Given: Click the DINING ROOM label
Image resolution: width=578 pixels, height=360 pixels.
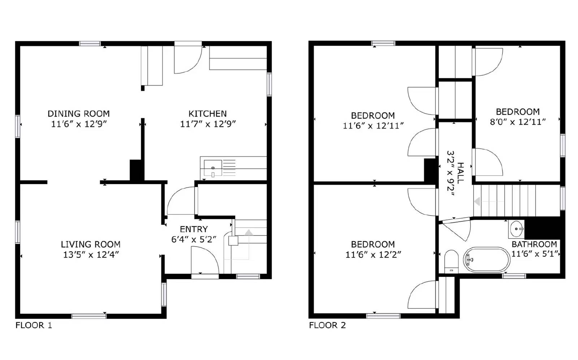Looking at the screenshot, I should click(78, 114).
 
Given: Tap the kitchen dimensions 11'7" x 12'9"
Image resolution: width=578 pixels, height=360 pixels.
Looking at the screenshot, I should click(208, 124).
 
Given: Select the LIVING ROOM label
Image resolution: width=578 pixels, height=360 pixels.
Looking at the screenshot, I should click(90, 244).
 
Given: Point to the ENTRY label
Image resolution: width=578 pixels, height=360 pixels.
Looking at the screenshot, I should click(194, 229).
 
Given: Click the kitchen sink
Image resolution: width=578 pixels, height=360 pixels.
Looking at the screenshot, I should click(213, 168).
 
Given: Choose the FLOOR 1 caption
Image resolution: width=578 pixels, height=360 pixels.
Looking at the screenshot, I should click(34, 325).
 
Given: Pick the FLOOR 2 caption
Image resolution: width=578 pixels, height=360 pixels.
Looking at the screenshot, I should click(327, 325).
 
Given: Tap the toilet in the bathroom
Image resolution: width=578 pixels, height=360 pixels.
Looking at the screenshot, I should click(451, 261).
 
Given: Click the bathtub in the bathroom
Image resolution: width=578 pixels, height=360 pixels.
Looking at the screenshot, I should click(487, 259).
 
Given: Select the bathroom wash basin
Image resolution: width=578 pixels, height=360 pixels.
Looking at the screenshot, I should click(516, 229).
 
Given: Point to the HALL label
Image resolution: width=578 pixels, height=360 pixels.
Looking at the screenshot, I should click(461, 173).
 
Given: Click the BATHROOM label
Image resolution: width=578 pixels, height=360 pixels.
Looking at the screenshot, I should click(534, 244).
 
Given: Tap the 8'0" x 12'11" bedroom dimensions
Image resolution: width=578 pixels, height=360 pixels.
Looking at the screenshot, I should click(517, 122).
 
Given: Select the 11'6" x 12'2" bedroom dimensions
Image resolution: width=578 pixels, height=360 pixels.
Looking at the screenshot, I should click(373, 255).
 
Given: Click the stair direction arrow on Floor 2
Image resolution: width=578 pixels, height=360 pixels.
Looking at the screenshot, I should click(478, 201).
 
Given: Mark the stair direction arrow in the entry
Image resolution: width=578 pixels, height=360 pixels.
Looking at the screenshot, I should click(249, 233).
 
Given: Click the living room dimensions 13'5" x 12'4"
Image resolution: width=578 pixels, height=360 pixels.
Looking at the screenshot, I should click(91, 255).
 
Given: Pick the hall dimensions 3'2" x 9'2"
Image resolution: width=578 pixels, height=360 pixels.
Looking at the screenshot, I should click(450, 173).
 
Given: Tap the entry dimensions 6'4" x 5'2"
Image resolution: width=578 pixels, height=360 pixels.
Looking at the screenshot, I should click(194, 239).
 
